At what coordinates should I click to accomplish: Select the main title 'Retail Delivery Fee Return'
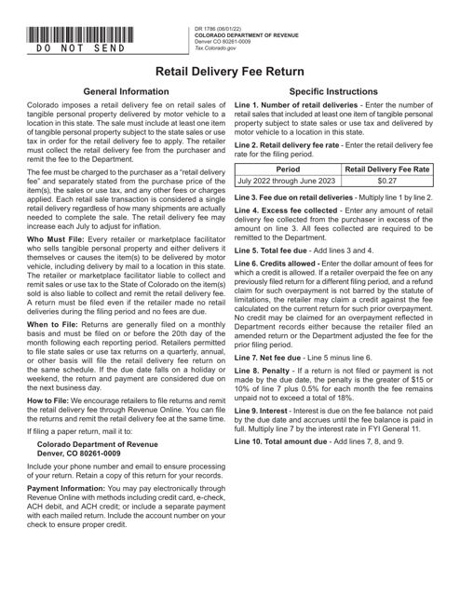click(x=230, y=72)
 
